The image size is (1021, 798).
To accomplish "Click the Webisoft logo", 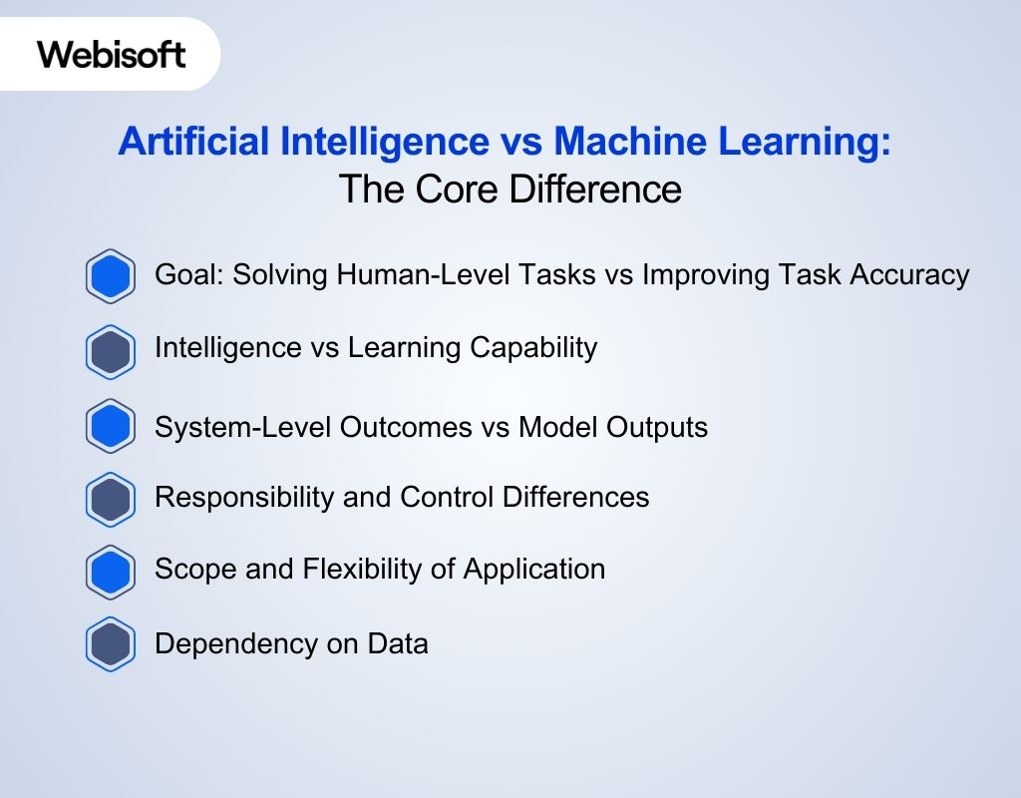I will (x=112, y=53).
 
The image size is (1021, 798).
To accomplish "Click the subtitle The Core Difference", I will (x=510, y=189).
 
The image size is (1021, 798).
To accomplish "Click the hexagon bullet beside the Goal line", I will (x=110, y=275).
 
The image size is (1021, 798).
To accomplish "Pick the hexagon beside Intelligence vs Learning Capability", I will (x=110, y=350).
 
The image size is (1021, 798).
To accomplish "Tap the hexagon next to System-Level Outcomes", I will (x=110, y=427).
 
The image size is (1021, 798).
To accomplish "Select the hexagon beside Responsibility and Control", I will (x=110, y=498).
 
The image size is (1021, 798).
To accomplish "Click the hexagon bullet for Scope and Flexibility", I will (x=110, y=571).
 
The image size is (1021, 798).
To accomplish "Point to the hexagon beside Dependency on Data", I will (x=110, y=644).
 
